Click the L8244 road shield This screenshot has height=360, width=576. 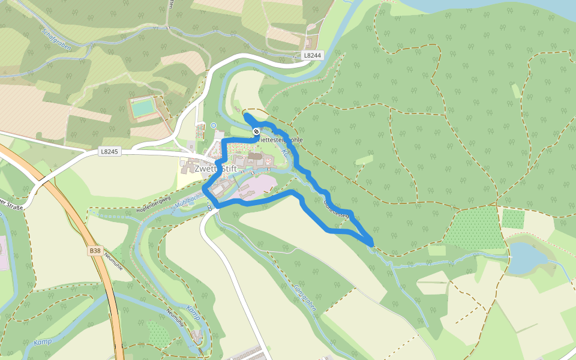click(313, 55)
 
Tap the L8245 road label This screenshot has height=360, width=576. click(110, 152)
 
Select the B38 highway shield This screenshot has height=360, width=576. click(95, 250)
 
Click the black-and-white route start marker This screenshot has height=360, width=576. click(256, 131)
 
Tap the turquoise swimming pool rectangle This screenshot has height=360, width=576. click(143, 108)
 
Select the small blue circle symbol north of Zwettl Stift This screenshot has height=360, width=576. click(214, 125)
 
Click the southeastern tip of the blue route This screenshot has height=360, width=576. click(372, 243)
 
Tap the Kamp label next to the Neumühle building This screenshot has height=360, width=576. click(193, 312)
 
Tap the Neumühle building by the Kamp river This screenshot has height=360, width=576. click(197, 334)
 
